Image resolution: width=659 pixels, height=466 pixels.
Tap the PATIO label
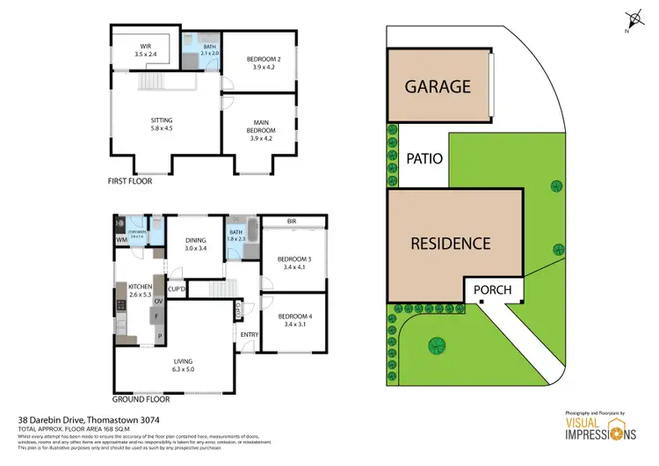point(424,159)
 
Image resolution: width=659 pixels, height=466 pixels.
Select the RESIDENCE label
point(451,244)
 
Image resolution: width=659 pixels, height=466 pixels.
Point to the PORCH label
point(492,290)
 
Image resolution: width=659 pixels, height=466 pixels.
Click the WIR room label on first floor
point(145,48)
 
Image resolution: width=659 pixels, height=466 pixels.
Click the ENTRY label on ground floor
point(250,334)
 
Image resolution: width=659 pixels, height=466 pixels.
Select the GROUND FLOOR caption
point(140,398)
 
